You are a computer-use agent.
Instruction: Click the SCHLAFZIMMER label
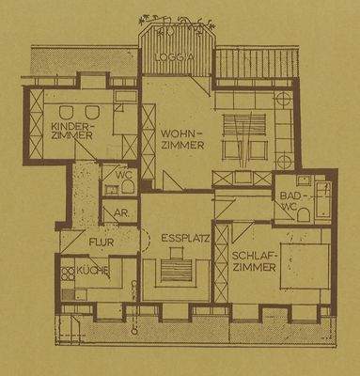tap(255, 261)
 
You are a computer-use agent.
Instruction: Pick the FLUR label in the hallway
tap(102, 243)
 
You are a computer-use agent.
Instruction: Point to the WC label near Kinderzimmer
tap(123, 174)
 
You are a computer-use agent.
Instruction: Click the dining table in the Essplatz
tap(178, 271)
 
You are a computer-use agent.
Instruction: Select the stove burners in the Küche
tap(68, 274)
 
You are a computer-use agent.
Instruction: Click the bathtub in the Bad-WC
tap(321, 196)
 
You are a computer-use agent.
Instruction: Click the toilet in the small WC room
tap(126, 187)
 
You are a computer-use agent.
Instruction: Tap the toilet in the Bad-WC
tap(303, 214)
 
